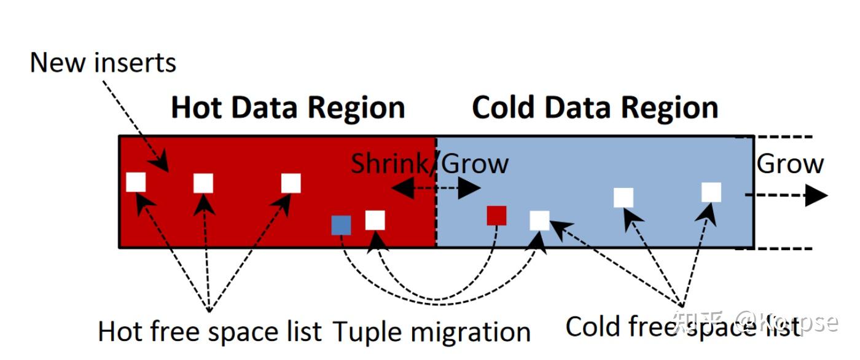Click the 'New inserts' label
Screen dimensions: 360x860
tap(103, 63)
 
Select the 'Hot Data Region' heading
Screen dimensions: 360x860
tap(287, 108)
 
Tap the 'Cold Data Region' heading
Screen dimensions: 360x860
tap(595, 108)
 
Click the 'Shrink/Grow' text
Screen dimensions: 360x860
tap(429, 163)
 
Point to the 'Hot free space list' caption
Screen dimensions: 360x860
tap(209, 332)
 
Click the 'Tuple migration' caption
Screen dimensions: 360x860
tap(431, 332)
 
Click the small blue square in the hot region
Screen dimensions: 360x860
tap(341, 225)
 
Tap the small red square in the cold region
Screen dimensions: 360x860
tap(496, 216)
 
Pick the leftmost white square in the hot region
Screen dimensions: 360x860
tap(136, 182)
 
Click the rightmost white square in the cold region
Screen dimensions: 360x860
tap(711, 192)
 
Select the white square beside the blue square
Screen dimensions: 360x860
tap(375, 220)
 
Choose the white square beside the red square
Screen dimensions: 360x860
tap(539, 220)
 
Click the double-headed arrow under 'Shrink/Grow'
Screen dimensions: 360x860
tap(436, 188)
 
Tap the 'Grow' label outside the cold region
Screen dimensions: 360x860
tap(789, 164)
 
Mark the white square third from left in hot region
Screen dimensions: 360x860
tap(291, 183)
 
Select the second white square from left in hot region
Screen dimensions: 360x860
tap(203, 183)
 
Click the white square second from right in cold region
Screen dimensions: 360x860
tap(623, 197)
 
